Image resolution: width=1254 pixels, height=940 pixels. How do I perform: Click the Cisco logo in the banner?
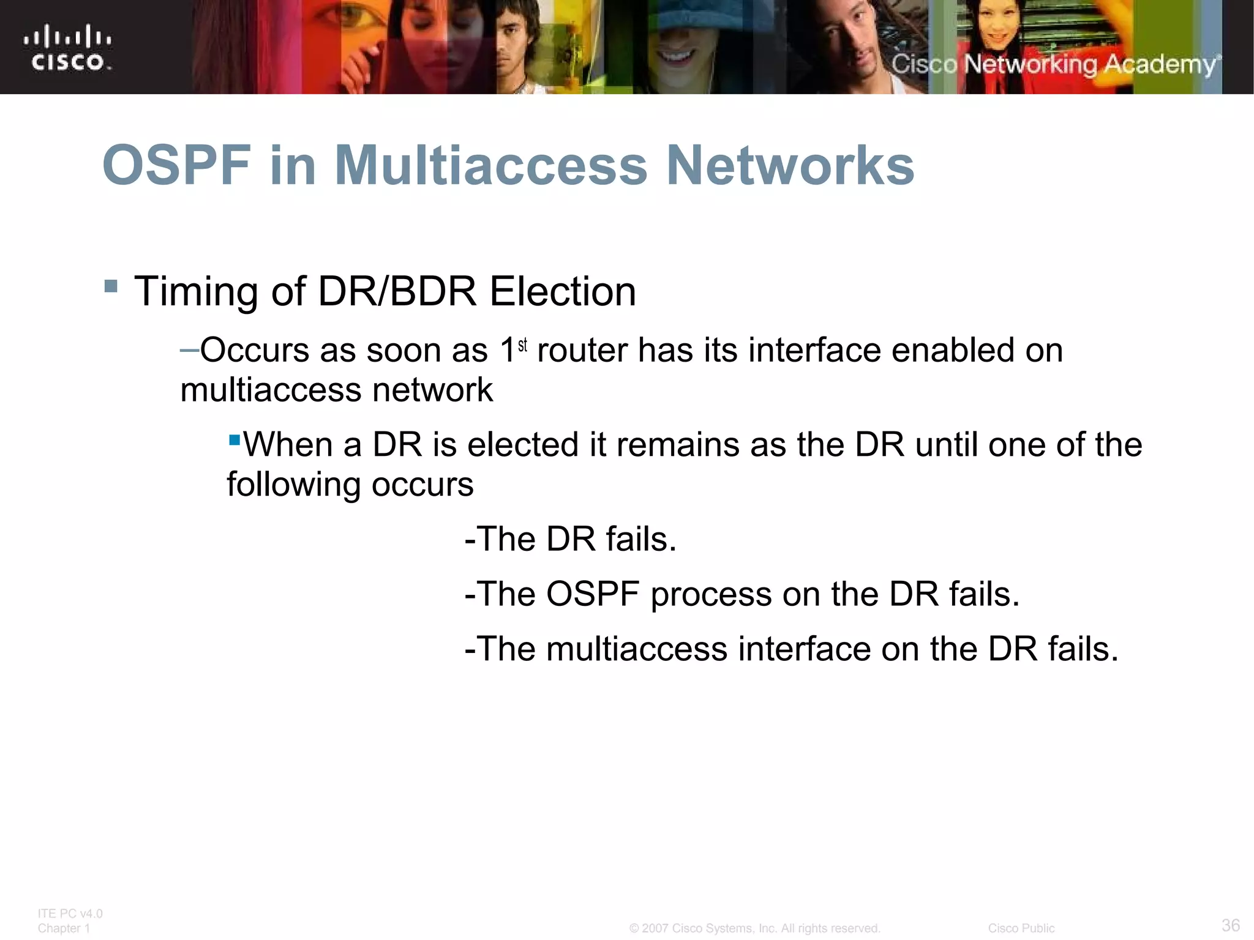pyautogui.click(x=67, y=48)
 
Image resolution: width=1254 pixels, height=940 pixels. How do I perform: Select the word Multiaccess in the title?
pyautogui.click(x=490, y=165)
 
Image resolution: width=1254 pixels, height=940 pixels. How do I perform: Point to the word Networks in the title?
pyautogui.click(x=790, y=165)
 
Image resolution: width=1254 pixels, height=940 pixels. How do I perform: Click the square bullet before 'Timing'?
pyautogui.click(x=111, y=286)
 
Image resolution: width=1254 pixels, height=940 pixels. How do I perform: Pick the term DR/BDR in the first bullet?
pyautogui.click(x=397, y=291)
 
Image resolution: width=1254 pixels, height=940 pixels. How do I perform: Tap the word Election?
pyautogui.click(x=563, y=291)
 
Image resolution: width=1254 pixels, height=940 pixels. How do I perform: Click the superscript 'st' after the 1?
pyautogui.click(x=522, y=346)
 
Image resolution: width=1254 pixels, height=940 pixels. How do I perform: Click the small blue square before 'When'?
pyautogui.click(x=234, y=439)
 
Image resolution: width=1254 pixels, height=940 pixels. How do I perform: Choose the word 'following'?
pyautogui.click(x=294, y=485)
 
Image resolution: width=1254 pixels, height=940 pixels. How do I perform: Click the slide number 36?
pyautogui.click(x=1230, y=925)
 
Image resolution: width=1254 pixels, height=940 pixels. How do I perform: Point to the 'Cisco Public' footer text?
pyautogui.click(x=1021, y=928)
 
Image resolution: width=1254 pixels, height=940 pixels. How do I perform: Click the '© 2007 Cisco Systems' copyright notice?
pyautogui.click(x=754, y=928)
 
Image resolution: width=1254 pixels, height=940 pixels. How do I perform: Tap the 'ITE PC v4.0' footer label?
pyautogui.click(x=70, y=914)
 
